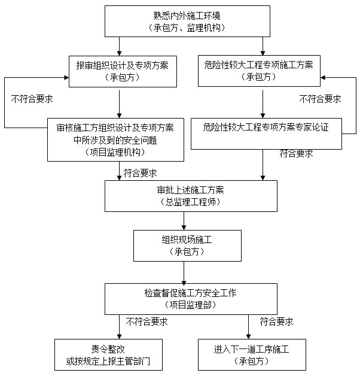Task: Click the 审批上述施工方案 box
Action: coord(191,196)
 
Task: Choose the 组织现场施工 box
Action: coord(187,245)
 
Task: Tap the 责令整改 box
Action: coord(108,354)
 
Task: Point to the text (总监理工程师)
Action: coord(191,202)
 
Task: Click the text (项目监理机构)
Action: coord(115,152)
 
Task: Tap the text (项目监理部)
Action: coord(191,305)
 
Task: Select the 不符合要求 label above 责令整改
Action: coord(147,322)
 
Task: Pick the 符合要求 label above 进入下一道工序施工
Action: coord(276,322)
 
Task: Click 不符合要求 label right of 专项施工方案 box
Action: coord(321,99)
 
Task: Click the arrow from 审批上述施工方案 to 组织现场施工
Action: coord(183,220)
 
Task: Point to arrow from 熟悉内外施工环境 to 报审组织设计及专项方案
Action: coord(120,46)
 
